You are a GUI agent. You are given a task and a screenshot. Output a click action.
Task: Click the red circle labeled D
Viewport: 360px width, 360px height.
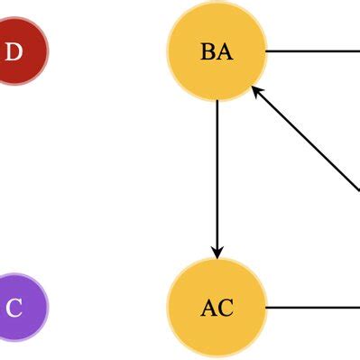(16, 51)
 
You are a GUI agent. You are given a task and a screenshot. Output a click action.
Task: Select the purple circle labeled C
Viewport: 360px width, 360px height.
(16, 307)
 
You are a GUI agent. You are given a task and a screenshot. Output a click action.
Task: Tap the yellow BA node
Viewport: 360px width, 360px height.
(217, 51)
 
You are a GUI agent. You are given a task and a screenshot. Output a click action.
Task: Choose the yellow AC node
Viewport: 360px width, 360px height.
(217, 307)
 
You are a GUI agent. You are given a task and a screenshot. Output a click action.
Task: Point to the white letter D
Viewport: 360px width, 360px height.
(14, 51)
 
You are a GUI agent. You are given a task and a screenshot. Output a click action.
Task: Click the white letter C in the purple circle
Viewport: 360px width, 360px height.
(14, 308)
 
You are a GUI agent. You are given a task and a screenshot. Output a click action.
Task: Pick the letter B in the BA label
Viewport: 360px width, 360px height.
(208, 51)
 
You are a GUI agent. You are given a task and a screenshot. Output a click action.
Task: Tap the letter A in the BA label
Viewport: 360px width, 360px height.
(225, 51)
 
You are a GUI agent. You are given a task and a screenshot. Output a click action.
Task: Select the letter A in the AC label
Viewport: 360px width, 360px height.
(208, 308)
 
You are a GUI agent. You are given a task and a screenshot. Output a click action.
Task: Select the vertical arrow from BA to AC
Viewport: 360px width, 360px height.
(217, 171)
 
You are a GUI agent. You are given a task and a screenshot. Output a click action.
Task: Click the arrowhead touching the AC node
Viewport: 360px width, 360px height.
(217, 250)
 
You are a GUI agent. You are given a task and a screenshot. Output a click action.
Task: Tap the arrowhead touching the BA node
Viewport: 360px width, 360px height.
(256, 90)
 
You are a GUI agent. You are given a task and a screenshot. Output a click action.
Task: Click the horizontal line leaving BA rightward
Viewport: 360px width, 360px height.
(311, 51)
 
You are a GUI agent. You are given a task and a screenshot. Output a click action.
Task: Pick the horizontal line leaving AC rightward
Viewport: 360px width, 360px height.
(311, 307)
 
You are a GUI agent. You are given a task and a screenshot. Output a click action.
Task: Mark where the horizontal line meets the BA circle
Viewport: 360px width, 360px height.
(267, 51)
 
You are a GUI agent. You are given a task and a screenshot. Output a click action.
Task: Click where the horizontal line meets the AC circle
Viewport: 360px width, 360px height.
(267, 307)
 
